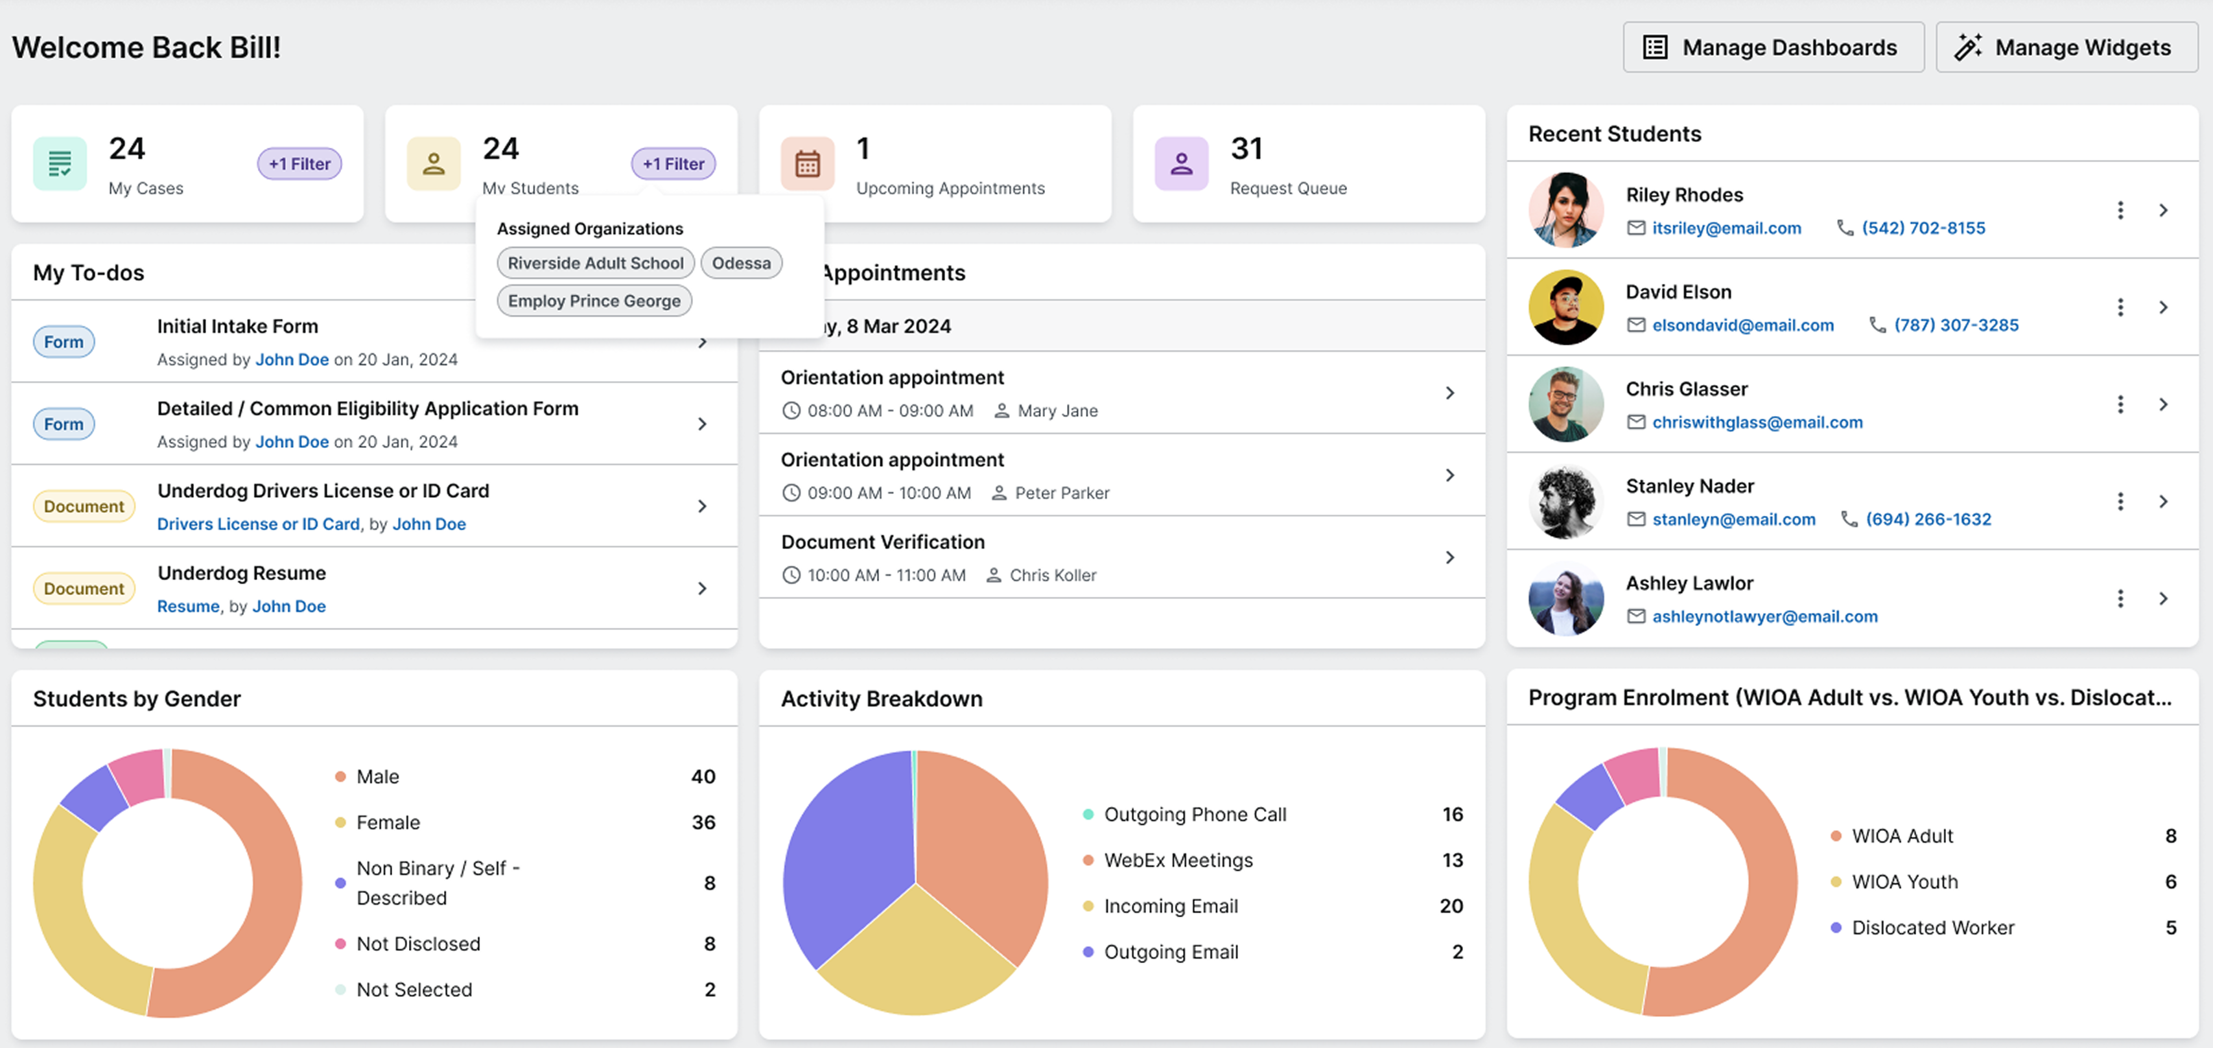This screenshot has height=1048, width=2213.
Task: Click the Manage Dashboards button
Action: (1772, 47)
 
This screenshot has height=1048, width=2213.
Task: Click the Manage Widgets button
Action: (2065, 47)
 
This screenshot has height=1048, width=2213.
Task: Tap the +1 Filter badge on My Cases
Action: (299, 164)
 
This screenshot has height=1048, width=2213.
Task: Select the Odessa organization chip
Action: (740, 263)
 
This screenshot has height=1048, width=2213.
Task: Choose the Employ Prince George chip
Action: (594, 301)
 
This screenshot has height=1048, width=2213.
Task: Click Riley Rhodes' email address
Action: (1726, 227)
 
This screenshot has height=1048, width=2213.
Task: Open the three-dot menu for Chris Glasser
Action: (2120, 404)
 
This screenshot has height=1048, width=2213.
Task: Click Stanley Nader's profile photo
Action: (1565, 502)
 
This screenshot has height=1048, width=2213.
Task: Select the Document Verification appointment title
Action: (882, 542)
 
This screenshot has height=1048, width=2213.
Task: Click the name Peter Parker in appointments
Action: (1062, 493)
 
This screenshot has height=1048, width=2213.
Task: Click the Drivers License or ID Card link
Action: (258, 524)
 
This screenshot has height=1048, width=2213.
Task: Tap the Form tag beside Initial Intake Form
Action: (64, 342)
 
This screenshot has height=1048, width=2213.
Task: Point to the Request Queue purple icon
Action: (1180, 164)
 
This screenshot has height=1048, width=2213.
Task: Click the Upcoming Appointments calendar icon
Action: (806, 164)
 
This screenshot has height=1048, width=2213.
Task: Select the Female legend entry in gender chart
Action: (388, 822)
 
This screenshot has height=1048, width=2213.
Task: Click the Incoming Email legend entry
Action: (1170, 905)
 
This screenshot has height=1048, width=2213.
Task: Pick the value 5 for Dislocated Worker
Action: (2170, 927)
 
